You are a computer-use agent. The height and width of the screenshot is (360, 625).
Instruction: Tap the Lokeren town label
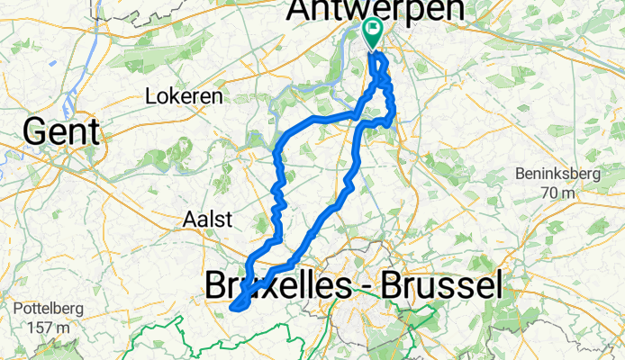pyautogui.click(x=178, y=94)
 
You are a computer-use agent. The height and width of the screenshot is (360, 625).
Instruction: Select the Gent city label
pyautogui.click(x=61, y=131)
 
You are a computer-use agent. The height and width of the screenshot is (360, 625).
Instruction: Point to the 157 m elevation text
pyautogui.click(x=40, y=327)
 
